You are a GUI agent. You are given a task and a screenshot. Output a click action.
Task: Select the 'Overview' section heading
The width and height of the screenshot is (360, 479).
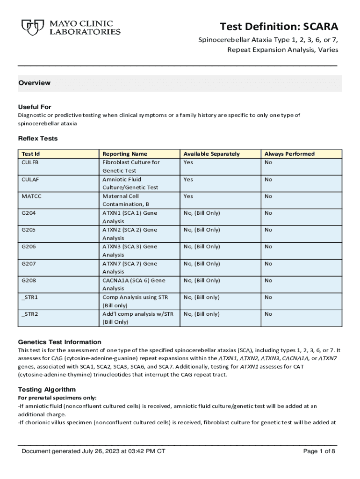click(35, 83)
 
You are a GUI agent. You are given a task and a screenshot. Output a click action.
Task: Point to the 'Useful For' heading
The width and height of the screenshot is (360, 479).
click(35, 107)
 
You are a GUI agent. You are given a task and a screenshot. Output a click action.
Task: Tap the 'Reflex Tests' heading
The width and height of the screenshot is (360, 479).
click(37, 138)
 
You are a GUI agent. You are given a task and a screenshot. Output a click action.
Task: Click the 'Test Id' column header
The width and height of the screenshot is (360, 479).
click(31, 154)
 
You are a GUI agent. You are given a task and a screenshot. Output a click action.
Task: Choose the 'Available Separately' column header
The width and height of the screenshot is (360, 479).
click(211, 154)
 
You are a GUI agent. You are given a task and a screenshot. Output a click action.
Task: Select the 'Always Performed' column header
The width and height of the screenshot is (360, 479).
click(289, 154)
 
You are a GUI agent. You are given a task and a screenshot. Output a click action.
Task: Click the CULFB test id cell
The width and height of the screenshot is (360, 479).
click(30, 162)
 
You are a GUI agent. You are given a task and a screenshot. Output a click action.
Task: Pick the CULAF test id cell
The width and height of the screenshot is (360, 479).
click(30, 179)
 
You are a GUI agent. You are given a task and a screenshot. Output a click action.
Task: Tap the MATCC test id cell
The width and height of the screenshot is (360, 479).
click(31, 196)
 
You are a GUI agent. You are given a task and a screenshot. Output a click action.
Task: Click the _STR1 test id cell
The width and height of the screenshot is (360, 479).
click(30, 298)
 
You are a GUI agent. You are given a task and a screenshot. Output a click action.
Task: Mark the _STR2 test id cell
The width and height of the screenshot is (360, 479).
click(30, 314)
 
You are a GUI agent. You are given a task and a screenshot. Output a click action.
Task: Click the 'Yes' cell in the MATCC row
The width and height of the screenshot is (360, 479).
click(188, 196)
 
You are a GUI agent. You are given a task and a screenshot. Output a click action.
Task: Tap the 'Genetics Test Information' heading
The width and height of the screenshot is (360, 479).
click(59, 342)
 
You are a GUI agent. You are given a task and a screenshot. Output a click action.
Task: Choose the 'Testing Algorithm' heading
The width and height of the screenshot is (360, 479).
click(47, 390)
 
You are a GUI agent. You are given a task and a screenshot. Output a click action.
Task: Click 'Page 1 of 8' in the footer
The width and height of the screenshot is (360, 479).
click(319, 451)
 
